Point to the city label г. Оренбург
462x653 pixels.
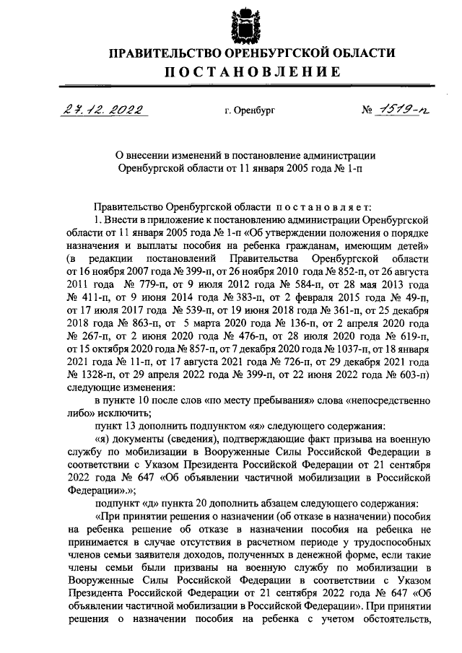(x=250, y=111)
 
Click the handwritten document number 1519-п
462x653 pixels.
(x=405, y=110)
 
